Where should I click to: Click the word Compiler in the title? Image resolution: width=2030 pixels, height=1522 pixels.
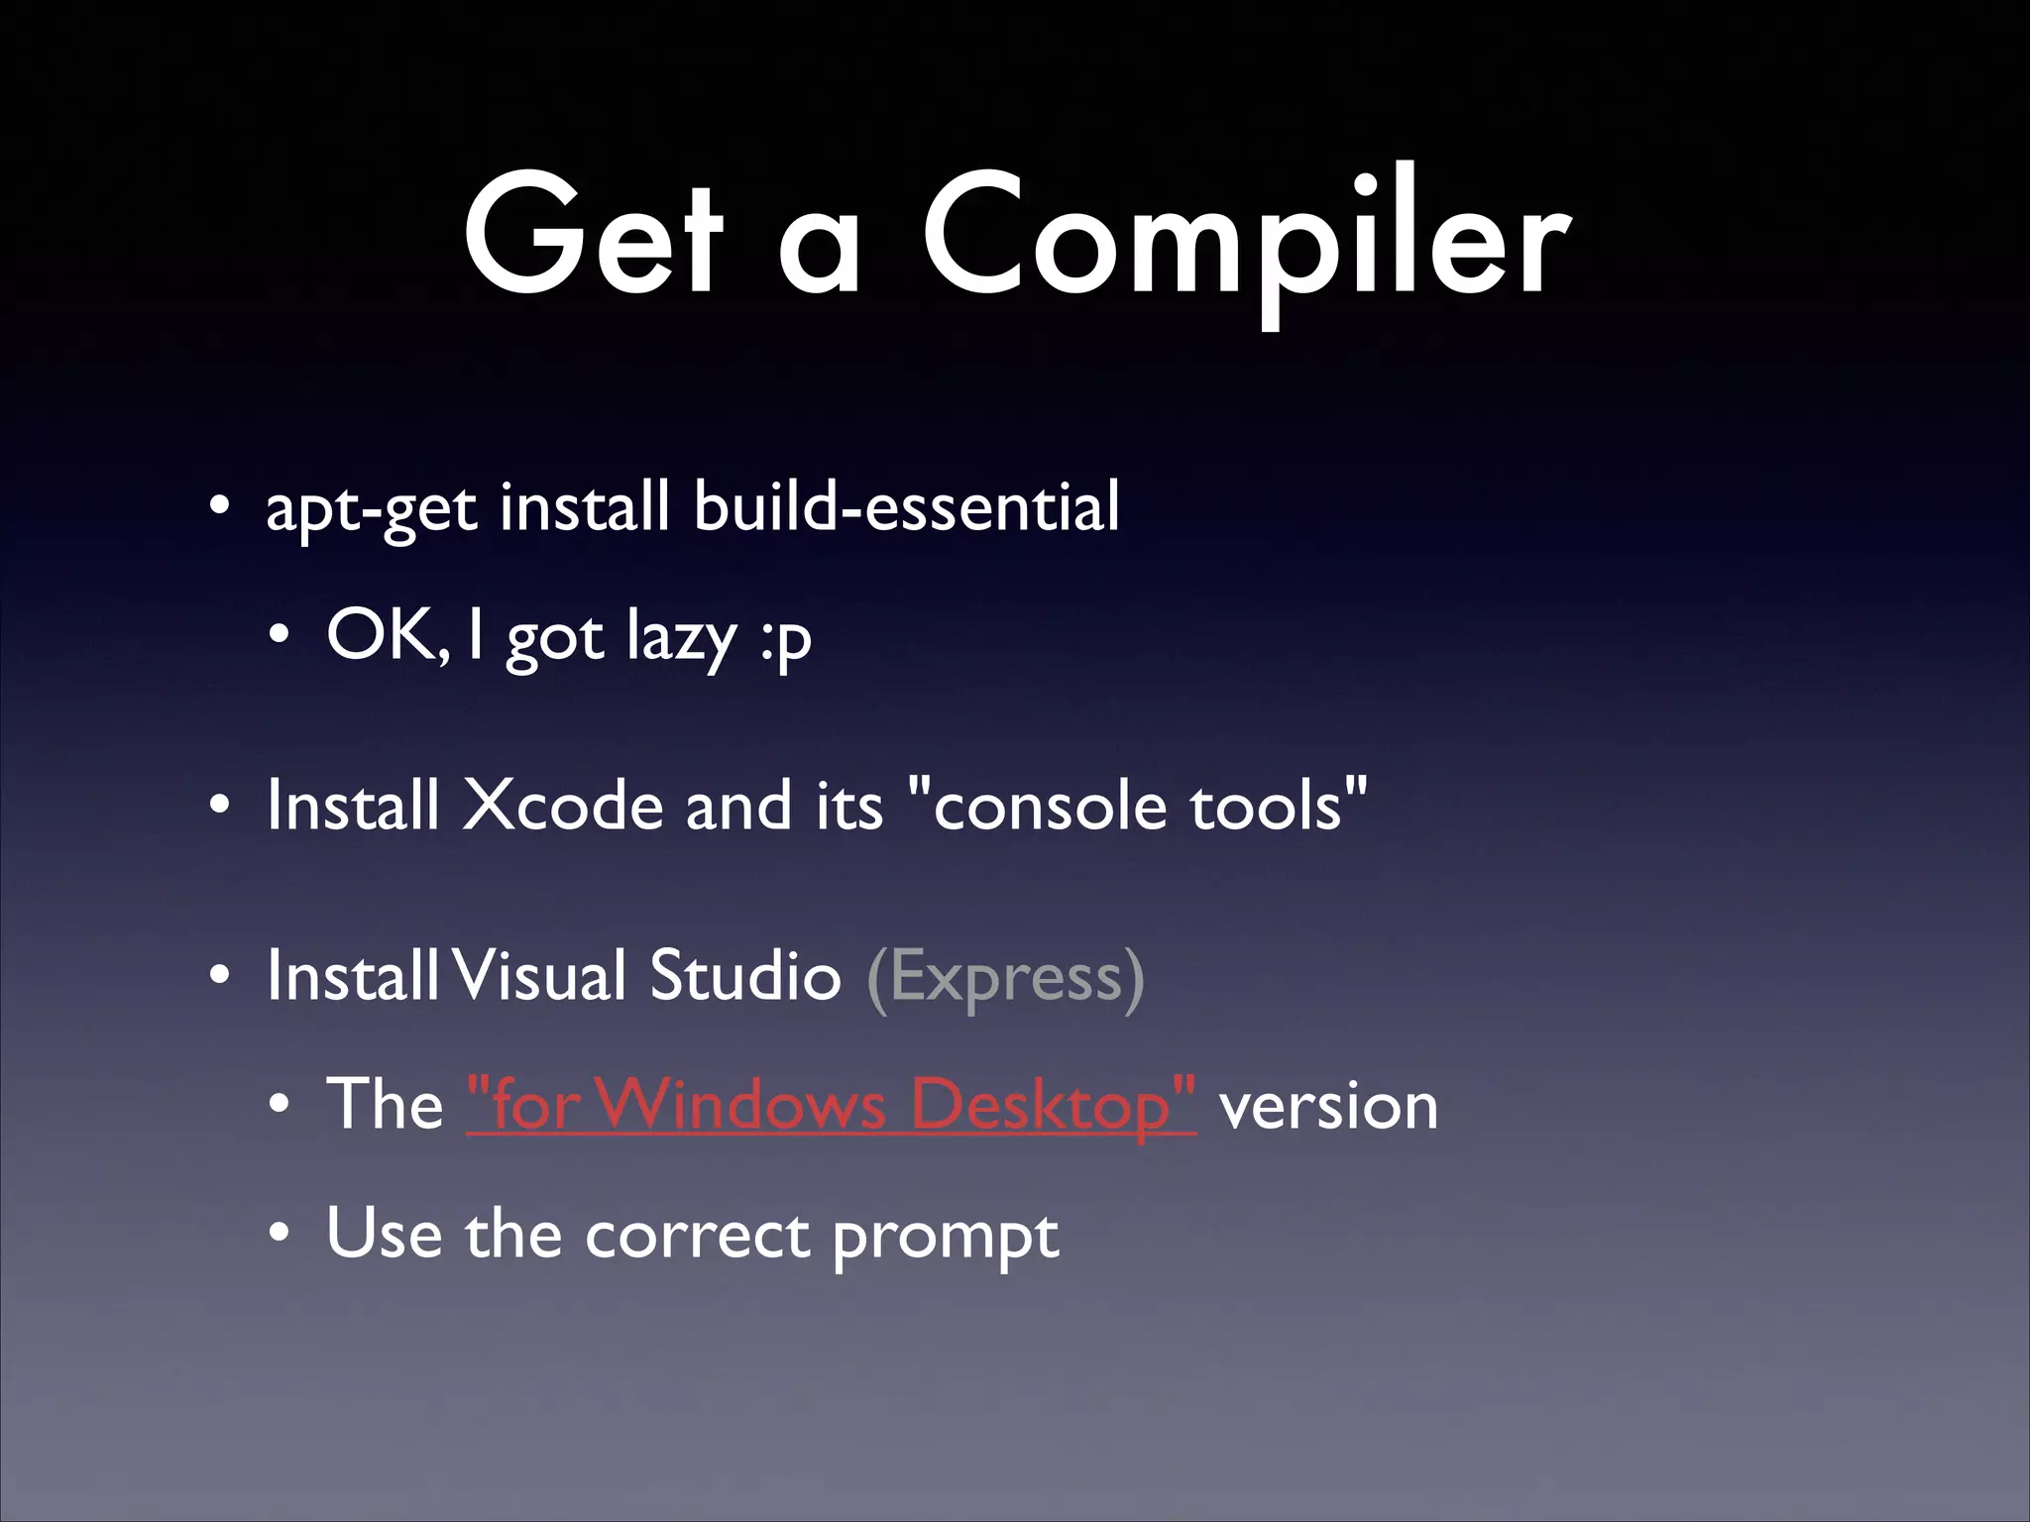[x=1246, y=238]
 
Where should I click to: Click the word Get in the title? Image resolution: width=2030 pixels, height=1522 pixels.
[x=593, y=238]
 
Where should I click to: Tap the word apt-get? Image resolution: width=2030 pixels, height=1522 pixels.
[x=372, y=508]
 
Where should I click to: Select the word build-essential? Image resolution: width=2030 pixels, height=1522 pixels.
[x=906, y=506]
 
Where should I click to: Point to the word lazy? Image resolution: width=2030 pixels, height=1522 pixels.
[x=681, y=637]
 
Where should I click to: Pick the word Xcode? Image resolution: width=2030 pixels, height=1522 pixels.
[x=562, y=805]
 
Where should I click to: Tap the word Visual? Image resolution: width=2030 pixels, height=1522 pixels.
[x=541, y=976]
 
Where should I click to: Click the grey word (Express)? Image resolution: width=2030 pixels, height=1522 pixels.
[x=1005, y=978]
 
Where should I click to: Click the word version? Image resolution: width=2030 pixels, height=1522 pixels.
[x=1328, y=1107]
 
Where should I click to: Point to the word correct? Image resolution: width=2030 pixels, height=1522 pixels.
[x=697, y=1236]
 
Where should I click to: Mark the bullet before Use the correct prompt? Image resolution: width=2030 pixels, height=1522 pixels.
[x=281, y=1235]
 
